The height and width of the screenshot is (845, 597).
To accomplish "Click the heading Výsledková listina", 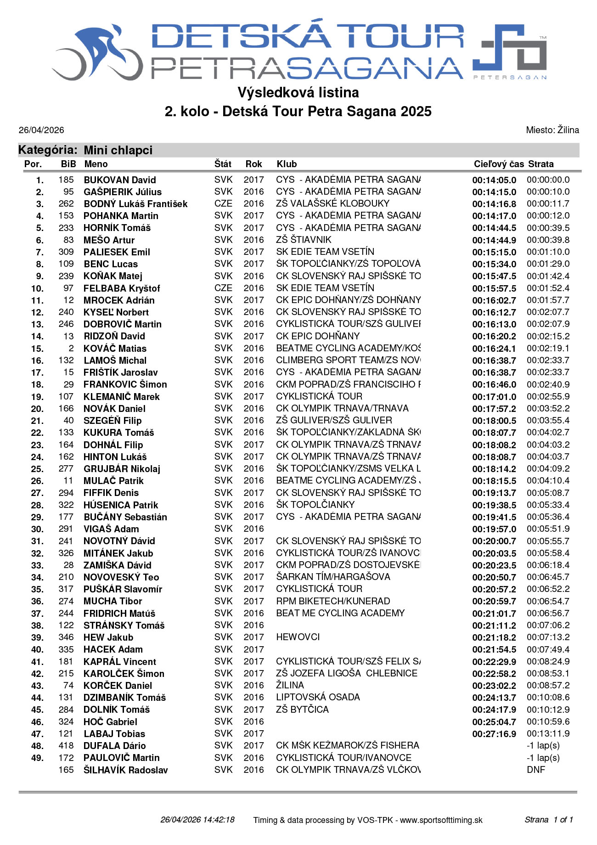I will point(298,93).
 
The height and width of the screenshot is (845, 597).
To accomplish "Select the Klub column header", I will point(287,164).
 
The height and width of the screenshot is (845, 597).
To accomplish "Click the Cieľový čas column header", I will point(498,164).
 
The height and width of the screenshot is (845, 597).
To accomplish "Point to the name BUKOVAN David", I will point(120,180).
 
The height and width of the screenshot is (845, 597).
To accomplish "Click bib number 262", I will point(66,203).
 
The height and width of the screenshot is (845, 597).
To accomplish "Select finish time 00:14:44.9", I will point(494,240).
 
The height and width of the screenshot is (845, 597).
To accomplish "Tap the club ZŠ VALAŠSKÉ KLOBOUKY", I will point(332,203).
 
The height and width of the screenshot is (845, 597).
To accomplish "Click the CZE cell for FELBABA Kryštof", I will point(223,288).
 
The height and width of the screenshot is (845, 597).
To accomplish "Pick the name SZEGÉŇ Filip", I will point(113,420).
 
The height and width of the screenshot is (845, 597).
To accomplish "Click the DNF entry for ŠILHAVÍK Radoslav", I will point(536,770).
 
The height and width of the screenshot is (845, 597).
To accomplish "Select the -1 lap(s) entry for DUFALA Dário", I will point(543,745).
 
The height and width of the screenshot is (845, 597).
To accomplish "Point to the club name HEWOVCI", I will point(298,637).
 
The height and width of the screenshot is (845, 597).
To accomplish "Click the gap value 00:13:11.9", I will point(548,733).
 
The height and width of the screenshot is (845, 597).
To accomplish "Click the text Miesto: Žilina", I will point(552,130).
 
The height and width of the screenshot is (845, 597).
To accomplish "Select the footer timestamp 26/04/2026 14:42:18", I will point(197,820).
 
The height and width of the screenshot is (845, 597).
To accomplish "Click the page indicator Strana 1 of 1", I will point(549,820).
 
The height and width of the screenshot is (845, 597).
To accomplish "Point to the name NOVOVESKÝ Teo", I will point(121,577).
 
